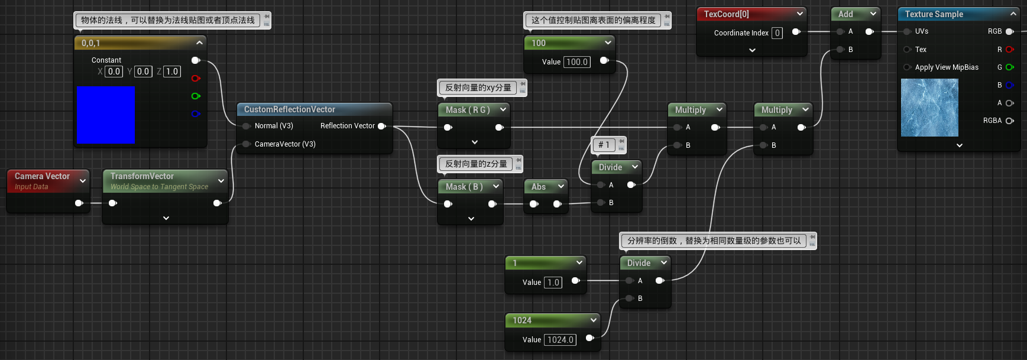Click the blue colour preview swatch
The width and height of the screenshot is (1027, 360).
coord(105,115)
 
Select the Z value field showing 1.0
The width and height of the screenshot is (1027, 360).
coord(171,72)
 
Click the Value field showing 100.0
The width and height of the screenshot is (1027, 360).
coord(577,62)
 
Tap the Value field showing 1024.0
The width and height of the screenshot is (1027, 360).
coord(560,340)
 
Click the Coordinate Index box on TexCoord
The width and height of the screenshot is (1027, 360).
coord(777,33)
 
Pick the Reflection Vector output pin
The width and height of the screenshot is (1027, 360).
coord(381,126)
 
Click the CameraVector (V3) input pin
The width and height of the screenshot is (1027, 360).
coord(246,144)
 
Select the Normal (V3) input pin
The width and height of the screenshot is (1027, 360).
coord(246,126)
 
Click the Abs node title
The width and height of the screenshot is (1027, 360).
coord(539,187)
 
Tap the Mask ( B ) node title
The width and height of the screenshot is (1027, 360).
coord(464,187)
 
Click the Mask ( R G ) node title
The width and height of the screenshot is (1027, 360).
coord(468,110)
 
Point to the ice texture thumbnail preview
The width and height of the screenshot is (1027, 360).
coord(929,108)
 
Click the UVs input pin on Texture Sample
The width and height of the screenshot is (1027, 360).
coord(906,31)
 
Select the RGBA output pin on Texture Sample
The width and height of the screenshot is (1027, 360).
coord(1009,121)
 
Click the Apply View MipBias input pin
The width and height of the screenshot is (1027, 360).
coord(906,67)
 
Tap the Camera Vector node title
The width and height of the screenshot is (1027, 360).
coord(42,176)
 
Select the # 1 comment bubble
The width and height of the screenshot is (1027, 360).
coord(604,145)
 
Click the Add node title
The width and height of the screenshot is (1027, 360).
coord(845,14)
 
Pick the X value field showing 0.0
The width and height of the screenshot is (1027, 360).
coord(114,72)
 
